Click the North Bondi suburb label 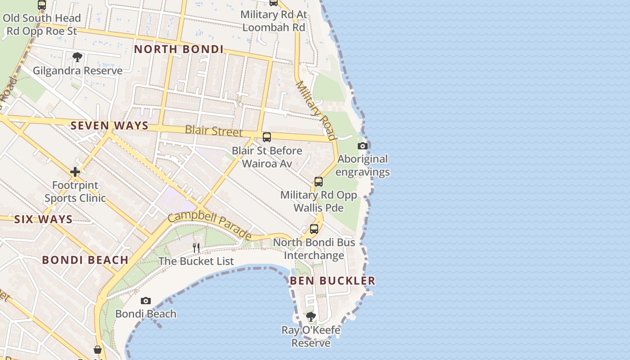coord(179,49)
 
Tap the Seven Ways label coord(109,126)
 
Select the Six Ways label coord(43,220)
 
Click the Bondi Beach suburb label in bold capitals coord(85,260)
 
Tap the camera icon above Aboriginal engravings coord(362,146)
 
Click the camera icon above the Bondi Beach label coord(145,301)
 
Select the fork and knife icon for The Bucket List coord(196,248)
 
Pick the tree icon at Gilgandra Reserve coord(77,57)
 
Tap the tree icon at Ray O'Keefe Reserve coord(310,317)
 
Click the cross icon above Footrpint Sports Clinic coord(75,172)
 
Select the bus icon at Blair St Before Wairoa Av coord(267,137)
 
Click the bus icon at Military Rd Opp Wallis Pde coord(319,182)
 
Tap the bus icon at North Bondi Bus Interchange coord(314,229)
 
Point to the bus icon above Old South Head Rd coord(42,5)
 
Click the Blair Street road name coord(214,131)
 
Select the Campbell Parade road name coord(210,225)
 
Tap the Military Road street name coord(316,111)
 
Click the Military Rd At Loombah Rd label coord(274,21)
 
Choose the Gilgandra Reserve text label coord(77,71)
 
